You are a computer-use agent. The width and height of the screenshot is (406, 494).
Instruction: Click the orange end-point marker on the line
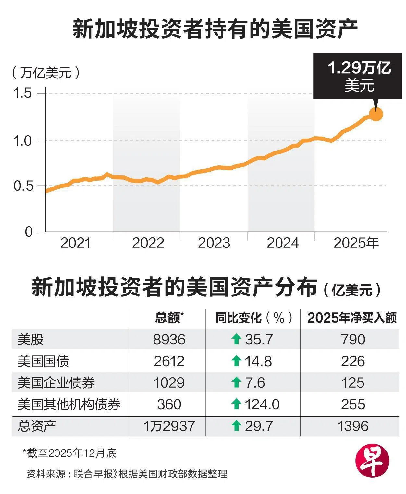coord(376,114)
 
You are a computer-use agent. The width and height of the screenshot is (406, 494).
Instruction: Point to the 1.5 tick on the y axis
coord(22,93)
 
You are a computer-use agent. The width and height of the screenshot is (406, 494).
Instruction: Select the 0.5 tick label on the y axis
coord(22,186)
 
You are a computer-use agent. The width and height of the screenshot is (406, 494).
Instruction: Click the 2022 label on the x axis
coord(148,243)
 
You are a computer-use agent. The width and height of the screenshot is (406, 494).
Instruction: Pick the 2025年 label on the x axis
coord(356,243)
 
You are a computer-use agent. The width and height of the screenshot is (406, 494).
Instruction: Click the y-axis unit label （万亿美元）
coord(45,73)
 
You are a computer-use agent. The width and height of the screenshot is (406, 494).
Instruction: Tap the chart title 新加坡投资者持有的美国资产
coord(215,29)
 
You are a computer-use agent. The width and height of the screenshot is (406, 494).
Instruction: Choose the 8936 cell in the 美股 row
coord(169,340)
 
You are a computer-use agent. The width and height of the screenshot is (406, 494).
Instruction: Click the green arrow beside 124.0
coord(236,404)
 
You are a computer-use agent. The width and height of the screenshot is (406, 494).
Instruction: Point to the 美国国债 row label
coord(43,361)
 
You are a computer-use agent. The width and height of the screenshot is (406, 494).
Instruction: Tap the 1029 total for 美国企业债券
coord(169,383)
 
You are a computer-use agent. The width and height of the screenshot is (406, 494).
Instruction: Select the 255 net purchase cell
coord(353,404)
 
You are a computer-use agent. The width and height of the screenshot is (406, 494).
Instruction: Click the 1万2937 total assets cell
coord(169,426)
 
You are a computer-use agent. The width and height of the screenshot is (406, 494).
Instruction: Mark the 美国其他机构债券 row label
coord(69,404)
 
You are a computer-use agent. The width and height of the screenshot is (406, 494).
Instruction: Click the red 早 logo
coord(372,460)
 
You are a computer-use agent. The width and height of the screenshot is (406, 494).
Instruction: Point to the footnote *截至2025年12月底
coord(69,453)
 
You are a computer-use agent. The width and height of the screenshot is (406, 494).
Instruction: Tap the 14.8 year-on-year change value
coord(258,361)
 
